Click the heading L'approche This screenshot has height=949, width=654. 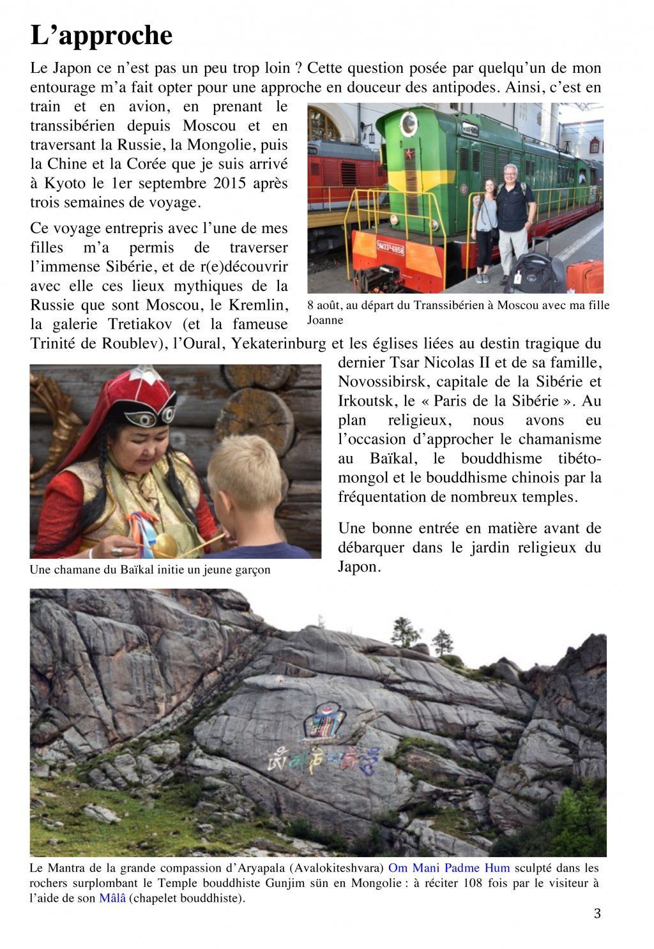pyautogui.click(x=102, y=36)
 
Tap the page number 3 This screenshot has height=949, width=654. pyautogui.click(x=597, y=913)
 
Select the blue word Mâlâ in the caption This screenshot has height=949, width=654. pyautogui.click(x=112, y=898)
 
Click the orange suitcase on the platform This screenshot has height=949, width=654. pyautogui.click(x=584, y=276)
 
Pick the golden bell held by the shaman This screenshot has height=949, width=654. pyautogui.click(x=165, y=545)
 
